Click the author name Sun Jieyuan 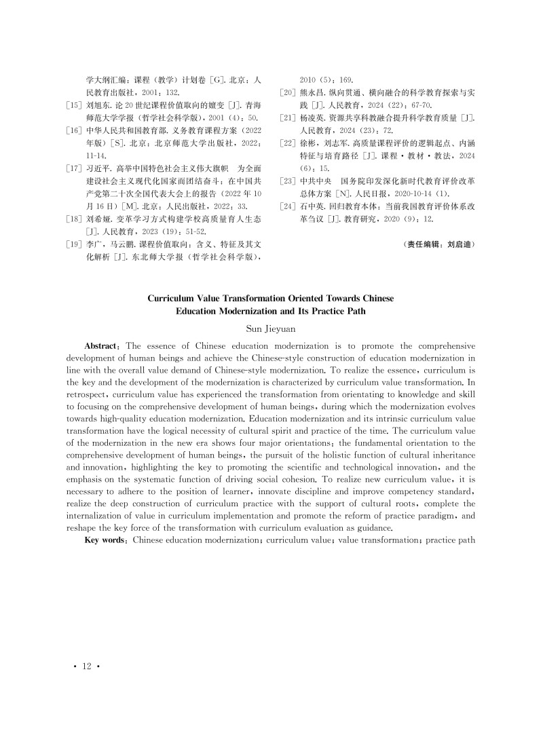click(271, 328)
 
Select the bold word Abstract click(103, 346)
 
